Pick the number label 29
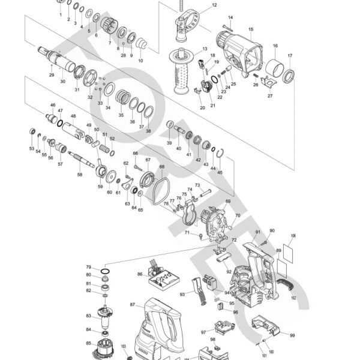[x=52, y=75]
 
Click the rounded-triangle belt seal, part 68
[x=159, y=189]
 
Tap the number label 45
[x=220, y=172]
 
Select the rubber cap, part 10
[x=142, y=45]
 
